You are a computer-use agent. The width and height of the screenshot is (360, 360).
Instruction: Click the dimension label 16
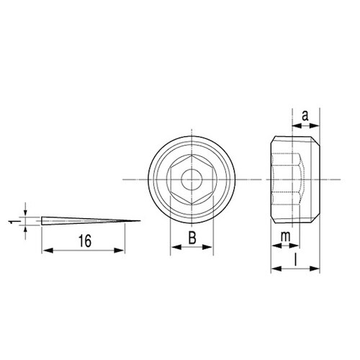[x=85, y=241]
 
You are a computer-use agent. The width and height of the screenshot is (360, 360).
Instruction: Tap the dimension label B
[x=192, y=238]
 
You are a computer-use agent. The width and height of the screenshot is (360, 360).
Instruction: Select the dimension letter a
[x=305, y=116]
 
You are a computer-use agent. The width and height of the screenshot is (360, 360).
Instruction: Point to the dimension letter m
[x=286, y=237]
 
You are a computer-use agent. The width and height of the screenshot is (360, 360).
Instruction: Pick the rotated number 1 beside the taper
[x=12, y=222]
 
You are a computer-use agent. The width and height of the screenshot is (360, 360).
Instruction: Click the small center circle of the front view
[x=192, y=179]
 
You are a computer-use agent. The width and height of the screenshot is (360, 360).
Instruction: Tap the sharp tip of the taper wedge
[x=140, y=221]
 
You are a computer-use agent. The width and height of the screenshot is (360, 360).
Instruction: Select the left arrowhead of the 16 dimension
[x=48, y=251]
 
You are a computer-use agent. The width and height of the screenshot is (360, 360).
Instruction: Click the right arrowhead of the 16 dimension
[x=120, y=251]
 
